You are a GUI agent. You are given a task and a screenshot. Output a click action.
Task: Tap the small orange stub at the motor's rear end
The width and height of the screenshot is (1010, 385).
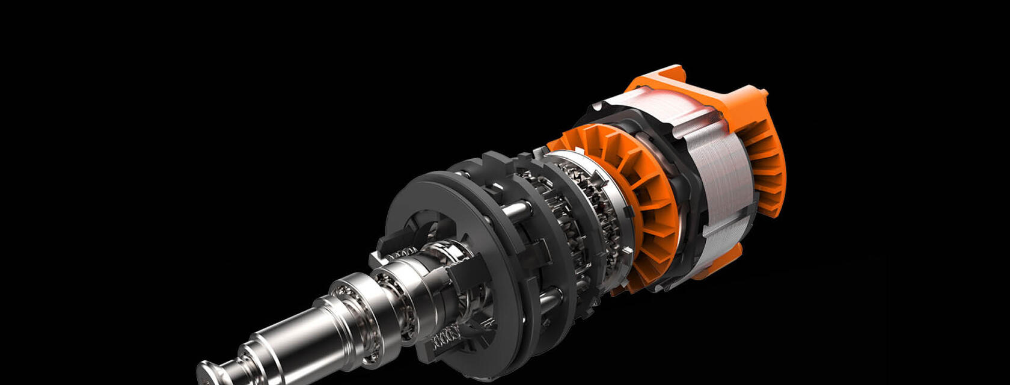764,93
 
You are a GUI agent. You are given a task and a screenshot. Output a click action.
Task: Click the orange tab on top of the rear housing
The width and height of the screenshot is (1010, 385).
661,75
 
